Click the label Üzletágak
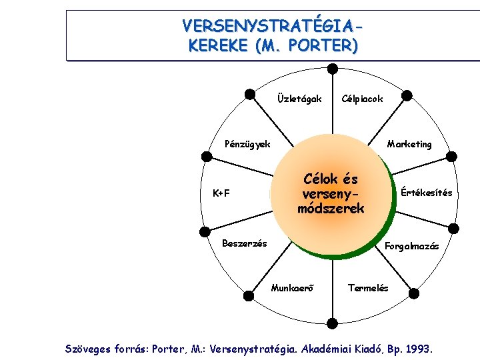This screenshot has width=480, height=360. [299, 99]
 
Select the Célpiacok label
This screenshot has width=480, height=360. [362, 99]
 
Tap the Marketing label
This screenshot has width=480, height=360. [409, 144]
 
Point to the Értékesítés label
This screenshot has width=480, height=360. [426, 193]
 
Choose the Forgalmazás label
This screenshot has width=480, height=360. [412, 246]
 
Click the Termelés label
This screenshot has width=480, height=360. [367, 289]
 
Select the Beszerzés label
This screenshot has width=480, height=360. [244, 243]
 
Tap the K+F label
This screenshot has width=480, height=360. [221, 194]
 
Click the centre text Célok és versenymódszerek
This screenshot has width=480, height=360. [331, 193]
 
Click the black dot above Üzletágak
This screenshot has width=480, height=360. [249, 93]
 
